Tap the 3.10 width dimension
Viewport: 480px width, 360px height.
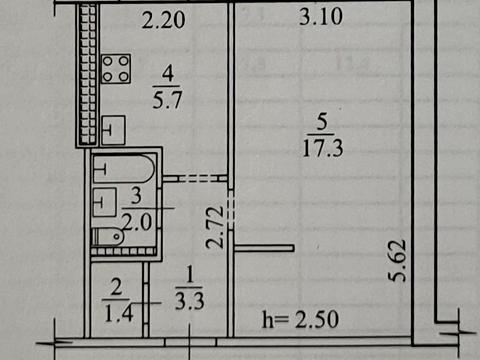(x=320, y=17)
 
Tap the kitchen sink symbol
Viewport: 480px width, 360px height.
(x=112, y=130)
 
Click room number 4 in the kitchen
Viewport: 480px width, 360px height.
(x=168, y=72)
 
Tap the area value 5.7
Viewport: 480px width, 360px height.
(x=168, y=99)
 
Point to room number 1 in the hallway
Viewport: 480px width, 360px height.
(x=190, y=272)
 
